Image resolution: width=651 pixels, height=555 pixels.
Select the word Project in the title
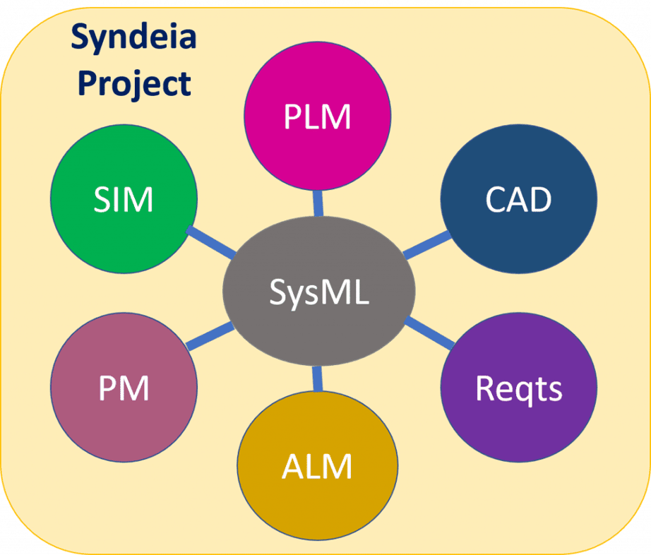tap(135, 83)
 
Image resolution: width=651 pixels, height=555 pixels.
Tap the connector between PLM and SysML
tap(318, 203)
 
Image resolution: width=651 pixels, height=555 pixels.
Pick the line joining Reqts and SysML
tap(431, 333)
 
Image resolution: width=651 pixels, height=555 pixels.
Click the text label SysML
tap(318, 292)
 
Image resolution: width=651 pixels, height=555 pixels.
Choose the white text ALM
tap(317, 467)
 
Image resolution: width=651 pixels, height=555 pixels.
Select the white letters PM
tap(124, 388)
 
